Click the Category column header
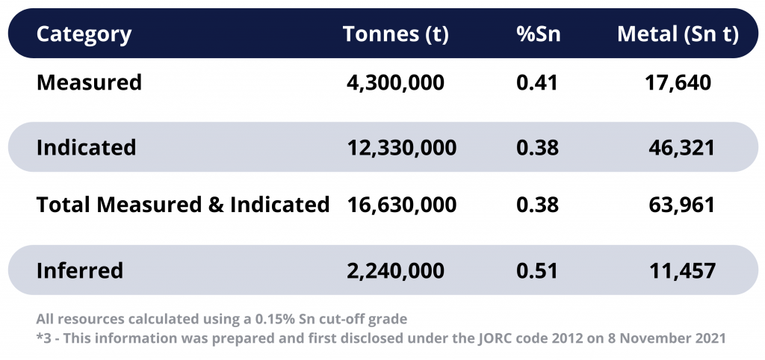[x=84, y=34]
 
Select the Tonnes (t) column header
[x=395, y=34]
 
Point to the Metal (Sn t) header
[x=677, y=34]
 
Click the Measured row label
[x=89, y=82]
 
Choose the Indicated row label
[x=86, y=147]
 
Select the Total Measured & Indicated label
[x=183, y=205]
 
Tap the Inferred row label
[x=80, y=270]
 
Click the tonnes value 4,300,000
[x=395, y=82]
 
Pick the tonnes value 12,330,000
[x=401, y=147]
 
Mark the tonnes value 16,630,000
[x=401, y=205]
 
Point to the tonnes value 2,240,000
[x=395, y=270]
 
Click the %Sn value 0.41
[x=536, y=82]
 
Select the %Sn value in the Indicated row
[x=537, y=147]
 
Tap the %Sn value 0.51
[x=537, y=270]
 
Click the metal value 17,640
[x=678, y=82]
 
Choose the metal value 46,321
[x=682, y=147]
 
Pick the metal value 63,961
[x=682, y=205]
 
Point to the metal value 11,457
[x=682, y=270]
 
